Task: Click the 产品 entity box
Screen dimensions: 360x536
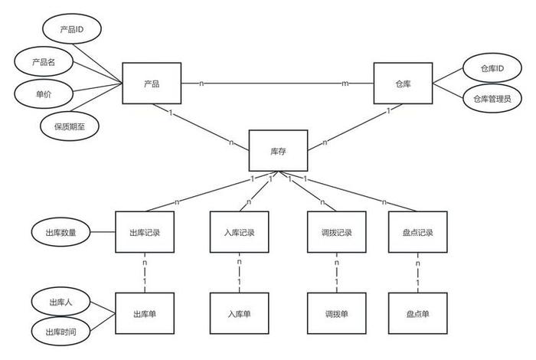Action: pyautogui.click(x=152, y=83)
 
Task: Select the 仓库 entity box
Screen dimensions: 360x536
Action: pyautogui.click(x=403, y=83)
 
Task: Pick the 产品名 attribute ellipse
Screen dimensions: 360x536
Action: pyautogui.click(x=47, y=61)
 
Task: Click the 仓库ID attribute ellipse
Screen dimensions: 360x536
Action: pyautogui.click(x=492, y=68)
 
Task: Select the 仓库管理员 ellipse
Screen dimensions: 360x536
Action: pyautogui.click(x=491, y=99)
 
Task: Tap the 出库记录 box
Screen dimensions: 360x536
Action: pyautogui.click(x=145, y=231)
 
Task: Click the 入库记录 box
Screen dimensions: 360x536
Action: pyautogui.click(x=240, y=231)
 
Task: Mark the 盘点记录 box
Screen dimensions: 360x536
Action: pyautogui.click(x=417, y=231)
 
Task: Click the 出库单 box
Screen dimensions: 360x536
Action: pyautogui.click(x=145, y=313)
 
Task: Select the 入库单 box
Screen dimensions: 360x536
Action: pyautogui.click(x=240, y=313)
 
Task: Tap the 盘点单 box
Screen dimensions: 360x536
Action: pyautogui.click(x=417, y=313)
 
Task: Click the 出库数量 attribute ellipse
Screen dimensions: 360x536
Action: pyautogui.click(x=62, y=231)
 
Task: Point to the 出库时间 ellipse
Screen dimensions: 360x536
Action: pyautogui.click(x=62, y=331)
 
